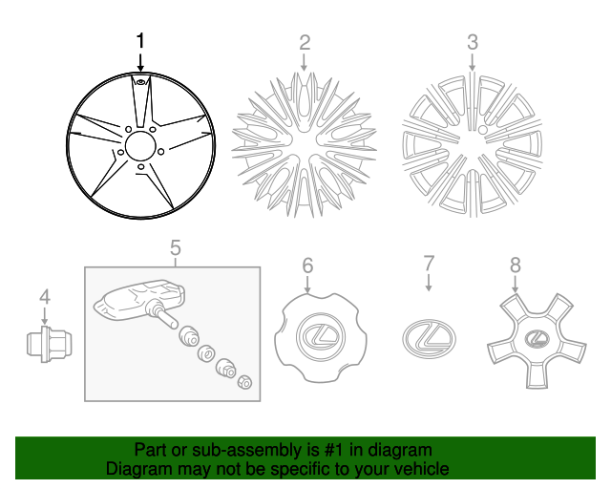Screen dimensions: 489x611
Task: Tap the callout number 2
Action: [x=305, y=42]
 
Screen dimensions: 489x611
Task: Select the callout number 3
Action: [x=472, y=42]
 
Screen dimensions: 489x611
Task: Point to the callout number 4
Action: [x=44, y=299]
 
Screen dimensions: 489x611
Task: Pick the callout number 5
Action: [x=176, y=248]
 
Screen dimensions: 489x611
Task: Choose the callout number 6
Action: [x=307, y=265]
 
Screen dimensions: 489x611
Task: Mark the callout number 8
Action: [x=516, y=265]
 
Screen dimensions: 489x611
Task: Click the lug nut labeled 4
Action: [x=44, y=342]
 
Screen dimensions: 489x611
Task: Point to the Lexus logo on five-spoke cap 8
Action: [x=535, y=336]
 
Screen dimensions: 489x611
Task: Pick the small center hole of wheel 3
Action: [x=482, y=128]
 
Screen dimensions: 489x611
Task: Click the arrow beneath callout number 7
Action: [x=429, y=282]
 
